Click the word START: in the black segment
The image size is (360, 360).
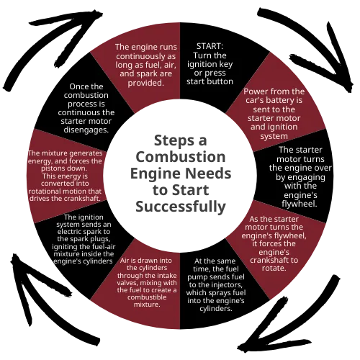pos(210,46)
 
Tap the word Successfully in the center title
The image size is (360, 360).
pos(181,207)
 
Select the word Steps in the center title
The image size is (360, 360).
pos(174,141)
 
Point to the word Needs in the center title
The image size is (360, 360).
pos(208,174)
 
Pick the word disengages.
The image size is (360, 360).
pos(86,130)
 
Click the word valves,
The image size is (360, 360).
pos(127,283)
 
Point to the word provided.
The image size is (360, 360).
pos(145,83)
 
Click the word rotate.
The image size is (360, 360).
pos(274,268)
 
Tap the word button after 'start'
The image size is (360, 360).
pos(220,81)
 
